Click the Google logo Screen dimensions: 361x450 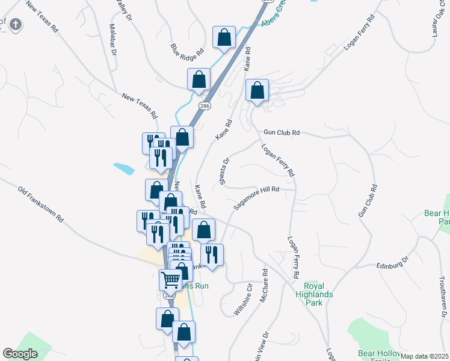20,354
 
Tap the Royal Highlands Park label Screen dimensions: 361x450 313,294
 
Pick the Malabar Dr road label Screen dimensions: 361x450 112,40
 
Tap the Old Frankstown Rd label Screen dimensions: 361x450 41,204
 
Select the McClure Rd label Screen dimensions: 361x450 264,280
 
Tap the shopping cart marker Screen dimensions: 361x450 171,279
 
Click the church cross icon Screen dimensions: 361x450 16,25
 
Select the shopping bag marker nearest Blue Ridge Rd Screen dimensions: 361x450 224,37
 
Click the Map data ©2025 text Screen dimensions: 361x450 425,356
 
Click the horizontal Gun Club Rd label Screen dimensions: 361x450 281,132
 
